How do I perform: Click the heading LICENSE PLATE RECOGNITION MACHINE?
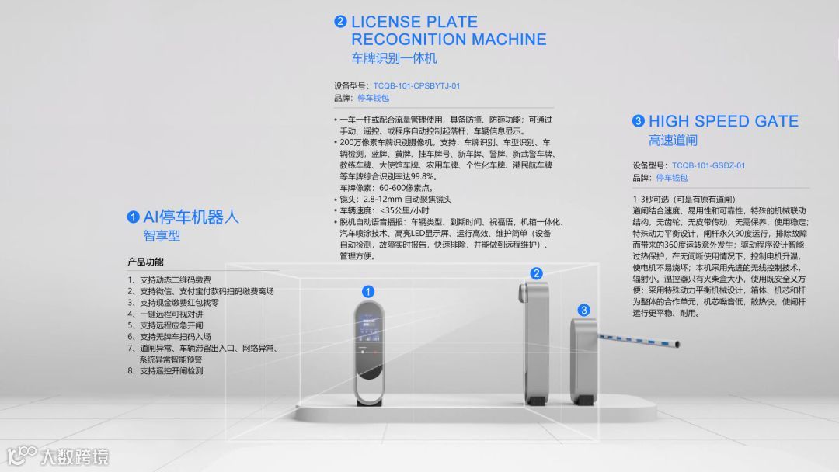click(x=448, y=30)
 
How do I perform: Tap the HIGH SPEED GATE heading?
click(x=723, y=121)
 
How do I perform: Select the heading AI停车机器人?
click(x=191, y=217)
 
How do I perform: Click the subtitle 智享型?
click(x=162, y=235)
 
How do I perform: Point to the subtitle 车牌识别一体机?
click(x=394, y=58)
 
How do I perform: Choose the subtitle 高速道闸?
click(x=673, y=141)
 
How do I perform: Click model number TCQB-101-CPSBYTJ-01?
click(x=416, y=86)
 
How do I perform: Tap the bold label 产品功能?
click(x=145, y=262)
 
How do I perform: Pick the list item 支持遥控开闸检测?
click(x=171, y=371)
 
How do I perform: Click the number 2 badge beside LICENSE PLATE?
click(x=340, y=22)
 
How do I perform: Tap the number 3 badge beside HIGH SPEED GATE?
click(x=639, y=121)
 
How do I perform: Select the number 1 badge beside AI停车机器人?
click(x=134, y=217)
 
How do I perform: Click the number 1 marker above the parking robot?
click(x=369, y=291)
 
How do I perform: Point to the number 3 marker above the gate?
click(x=583, y=311)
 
